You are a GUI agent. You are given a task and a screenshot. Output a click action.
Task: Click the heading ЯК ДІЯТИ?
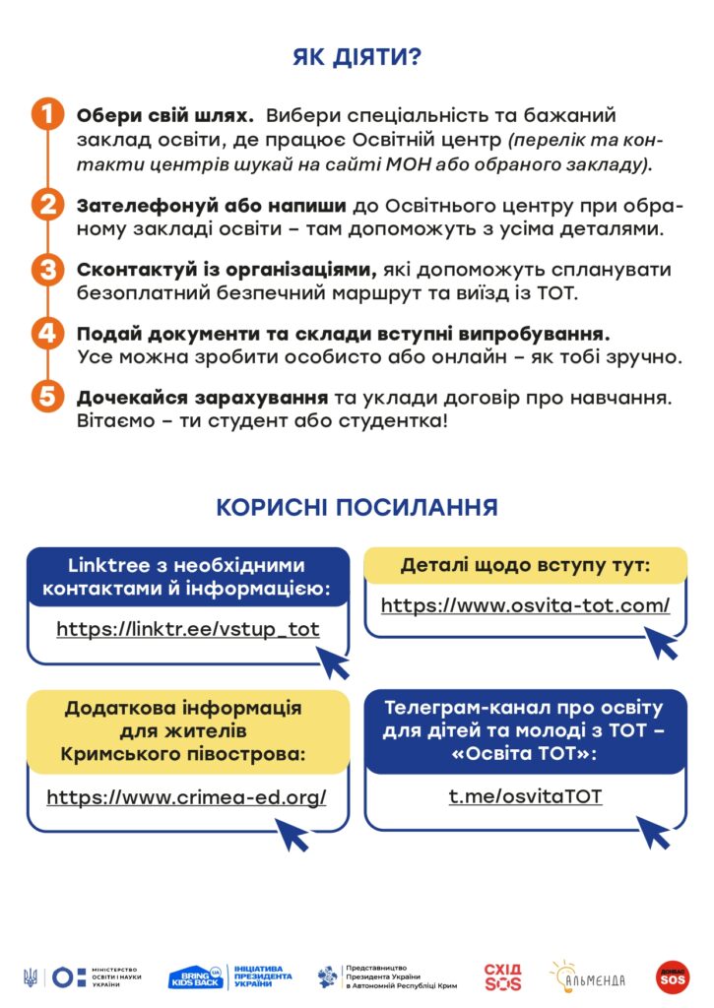(x=357, y=57)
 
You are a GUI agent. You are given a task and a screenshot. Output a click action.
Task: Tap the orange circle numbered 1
(x=47, y=114)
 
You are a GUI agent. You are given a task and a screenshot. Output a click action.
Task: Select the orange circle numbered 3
(x=47, y=270)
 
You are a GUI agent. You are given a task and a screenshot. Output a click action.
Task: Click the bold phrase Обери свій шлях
(x=165, y=115)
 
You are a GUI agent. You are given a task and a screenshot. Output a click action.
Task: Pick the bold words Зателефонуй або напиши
(x=211, y=207)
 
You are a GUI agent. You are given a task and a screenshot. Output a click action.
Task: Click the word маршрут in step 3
(x=436, y=293)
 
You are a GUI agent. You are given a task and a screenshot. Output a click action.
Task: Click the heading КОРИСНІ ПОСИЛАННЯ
(x=357, y=508)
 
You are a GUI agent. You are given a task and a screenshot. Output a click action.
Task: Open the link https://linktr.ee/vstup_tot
(x=188, y=629)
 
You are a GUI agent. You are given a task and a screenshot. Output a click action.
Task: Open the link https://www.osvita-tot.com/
(x=525, y=605)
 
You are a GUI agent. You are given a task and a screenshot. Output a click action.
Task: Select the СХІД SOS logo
(x=502, y=976)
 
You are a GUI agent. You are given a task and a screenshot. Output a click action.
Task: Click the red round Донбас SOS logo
(x=673, y=976)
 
